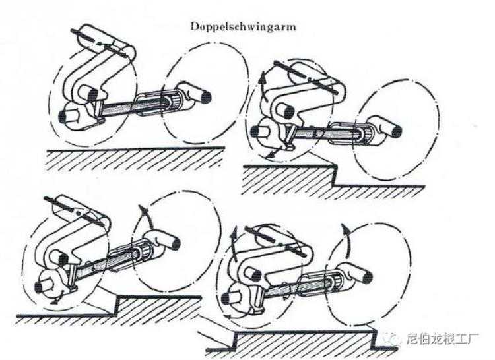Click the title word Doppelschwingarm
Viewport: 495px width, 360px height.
point(243,26)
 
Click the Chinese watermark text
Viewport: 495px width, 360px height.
point(443,339)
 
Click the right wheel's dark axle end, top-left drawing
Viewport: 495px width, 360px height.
point(206,97)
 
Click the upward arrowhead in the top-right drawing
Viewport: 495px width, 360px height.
point(262,76)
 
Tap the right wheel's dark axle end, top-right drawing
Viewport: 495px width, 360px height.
point(397,132)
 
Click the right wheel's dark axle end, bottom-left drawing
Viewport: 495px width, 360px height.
point(175,243)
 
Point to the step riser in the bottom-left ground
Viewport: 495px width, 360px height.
point(117,306)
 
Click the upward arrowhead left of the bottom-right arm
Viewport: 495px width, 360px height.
point(234,234)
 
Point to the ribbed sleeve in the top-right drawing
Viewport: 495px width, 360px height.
point(366,136)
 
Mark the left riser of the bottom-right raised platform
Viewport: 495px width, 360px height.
point(234,341)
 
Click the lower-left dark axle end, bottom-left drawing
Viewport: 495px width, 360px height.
point(39,287)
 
